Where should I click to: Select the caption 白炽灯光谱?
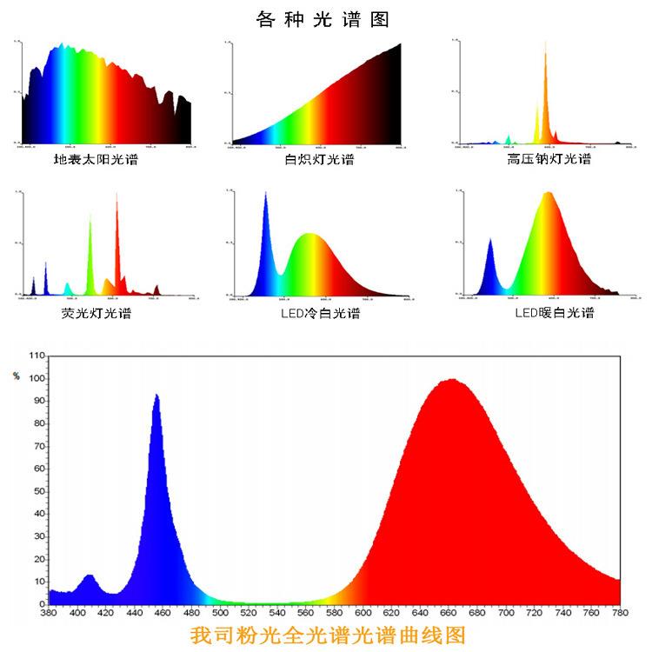tap(319, 160)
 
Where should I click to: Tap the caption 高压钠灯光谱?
tap(549, 160)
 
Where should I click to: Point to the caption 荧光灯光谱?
tap(96, 313)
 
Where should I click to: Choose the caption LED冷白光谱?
tap(319, 313)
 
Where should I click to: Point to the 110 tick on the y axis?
tap(37, 356)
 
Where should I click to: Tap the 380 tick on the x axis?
tap(50, 613)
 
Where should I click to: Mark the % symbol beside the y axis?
tap(16, 376)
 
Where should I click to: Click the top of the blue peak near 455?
tap(156, 396)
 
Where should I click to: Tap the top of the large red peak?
tap(451, 380)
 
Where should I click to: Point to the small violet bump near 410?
tap(90, 577)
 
